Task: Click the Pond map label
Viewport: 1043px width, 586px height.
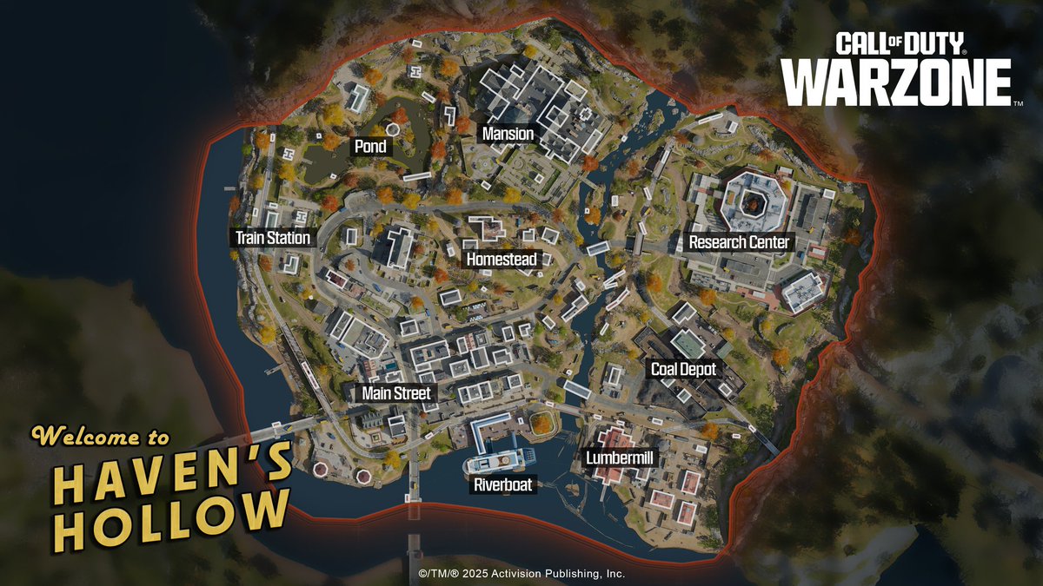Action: (x=370, y=147)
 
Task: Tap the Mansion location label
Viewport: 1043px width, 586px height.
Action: (x=508, y=135)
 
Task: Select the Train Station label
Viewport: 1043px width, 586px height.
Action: (x=273, y=237)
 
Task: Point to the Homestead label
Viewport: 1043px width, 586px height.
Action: (x=503, y=259)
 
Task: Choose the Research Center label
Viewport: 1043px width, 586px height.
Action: (x=739, y=242)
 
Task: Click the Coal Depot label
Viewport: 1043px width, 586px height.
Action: (x=684, y=369)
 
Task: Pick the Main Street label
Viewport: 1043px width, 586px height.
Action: (x=396, y=393)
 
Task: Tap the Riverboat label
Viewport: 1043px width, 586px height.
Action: (x=502, y=485)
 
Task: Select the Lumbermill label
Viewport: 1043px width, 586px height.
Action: (x=619, y=456)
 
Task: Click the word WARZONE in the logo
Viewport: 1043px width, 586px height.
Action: (x=897, y=82)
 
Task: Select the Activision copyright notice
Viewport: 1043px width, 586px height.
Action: (x=521, y=574)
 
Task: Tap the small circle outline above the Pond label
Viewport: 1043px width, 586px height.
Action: (x=392, y=128)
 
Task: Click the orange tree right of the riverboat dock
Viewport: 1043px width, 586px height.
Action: (x=543, y=424)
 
